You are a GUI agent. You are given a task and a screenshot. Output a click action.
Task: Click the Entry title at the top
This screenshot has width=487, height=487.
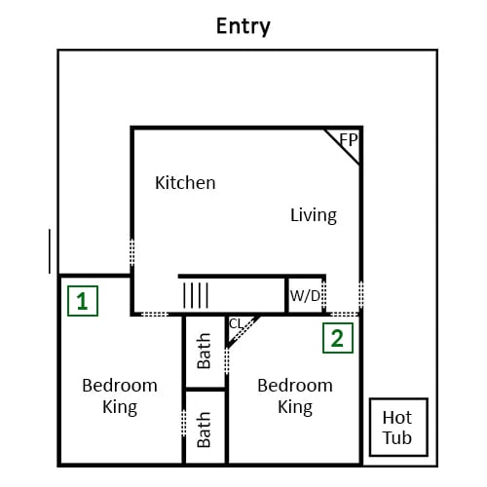coord(243,26)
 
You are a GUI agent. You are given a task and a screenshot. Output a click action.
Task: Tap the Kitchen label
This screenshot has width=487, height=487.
coord(185,183)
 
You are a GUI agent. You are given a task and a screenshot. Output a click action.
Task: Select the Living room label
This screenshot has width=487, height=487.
coord(314,215)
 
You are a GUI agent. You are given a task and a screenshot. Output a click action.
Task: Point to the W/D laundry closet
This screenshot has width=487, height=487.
coord(305,295)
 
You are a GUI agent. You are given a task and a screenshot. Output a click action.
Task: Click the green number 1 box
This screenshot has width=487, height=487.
coord(83,301)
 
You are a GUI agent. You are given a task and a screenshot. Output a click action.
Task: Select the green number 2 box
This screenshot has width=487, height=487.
coord(338,338)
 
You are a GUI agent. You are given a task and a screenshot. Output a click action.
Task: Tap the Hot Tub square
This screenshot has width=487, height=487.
coord(398,427)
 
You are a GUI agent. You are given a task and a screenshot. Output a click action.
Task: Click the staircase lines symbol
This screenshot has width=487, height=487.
coord(196,295)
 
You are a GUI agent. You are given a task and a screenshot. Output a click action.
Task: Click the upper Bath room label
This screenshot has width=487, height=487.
coord(205,351)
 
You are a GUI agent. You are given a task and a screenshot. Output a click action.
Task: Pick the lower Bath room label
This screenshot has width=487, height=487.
coord(205,430)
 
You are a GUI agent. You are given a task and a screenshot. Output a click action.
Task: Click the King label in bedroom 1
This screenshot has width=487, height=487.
coord(120,407)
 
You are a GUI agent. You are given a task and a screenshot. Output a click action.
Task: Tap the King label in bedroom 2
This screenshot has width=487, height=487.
coord(295,407)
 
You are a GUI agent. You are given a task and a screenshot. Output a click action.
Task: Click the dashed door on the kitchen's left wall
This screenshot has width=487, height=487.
coord(132,252)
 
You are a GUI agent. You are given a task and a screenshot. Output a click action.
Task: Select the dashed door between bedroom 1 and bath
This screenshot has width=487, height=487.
coord(184,423)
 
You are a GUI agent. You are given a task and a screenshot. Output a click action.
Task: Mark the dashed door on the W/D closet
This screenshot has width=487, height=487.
coord(323,295)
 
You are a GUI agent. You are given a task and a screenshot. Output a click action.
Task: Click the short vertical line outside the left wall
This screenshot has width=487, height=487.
coord(50,251)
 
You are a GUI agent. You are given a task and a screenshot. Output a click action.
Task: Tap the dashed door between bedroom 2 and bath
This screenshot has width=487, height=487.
coord(227,360)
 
